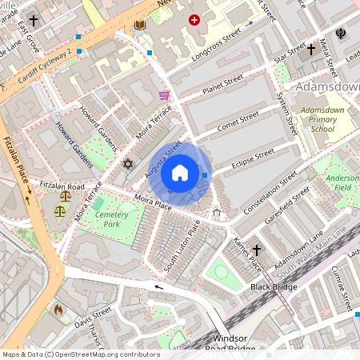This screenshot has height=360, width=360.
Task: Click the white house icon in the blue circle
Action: [x=180, y=173]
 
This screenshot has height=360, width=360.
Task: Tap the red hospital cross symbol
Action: [x=194, y=18]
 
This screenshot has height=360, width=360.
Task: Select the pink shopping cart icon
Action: [x=164, y=95]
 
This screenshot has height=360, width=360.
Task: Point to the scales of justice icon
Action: [x=61, y=211]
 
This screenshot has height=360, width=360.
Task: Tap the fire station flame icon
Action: [x=58, y=308]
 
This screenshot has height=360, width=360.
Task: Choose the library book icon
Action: [x=140, y=26]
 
